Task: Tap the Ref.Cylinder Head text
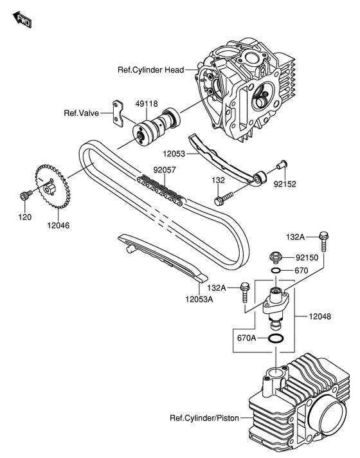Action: point(151,69)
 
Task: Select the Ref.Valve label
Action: point(80,114)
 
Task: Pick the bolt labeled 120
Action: point(24,195)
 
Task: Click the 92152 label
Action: point(285,183)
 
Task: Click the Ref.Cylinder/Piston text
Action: point(204,418)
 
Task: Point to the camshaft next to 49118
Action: point(157,126)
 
